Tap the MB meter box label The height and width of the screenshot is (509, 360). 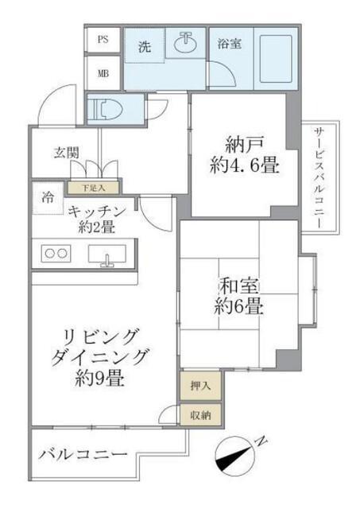coord(103,72)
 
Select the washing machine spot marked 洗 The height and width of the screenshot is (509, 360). coord(145,47)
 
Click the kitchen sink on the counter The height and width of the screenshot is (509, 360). coord(106,256)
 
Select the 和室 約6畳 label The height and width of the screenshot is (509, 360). coord(238,296)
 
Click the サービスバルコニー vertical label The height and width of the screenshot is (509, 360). coord(319,179)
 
